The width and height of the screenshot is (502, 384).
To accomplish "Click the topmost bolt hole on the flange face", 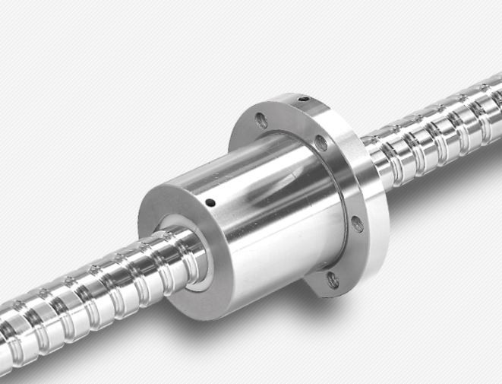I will tap(261, 120).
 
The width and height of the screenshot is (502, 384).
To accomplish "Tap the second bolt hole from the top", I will tap(320, 143).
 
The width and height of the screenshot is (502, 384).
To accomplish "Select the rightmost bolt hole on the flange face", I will tap(356, 224).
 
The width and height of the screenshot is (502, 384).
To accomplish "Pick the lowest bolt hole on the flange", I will tap(332, 279).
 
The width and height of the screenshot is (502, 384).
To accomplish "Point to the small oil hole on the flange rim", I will tap(303, 99).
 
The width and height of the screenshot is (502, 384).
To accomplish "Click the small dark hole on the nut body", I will tap(210, 203).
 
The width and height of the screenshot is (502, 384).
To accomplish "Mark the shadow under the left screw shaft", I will tap(114, 342).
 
